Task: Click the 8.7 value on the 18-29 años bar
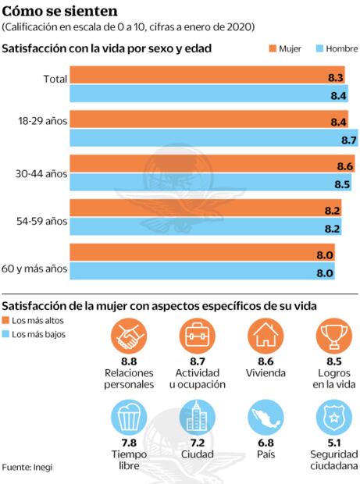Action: point(348,141)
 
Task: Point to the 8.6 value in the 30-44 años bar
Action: point(344,167)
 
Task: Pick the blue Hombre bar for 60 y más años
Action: point(203,273)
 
